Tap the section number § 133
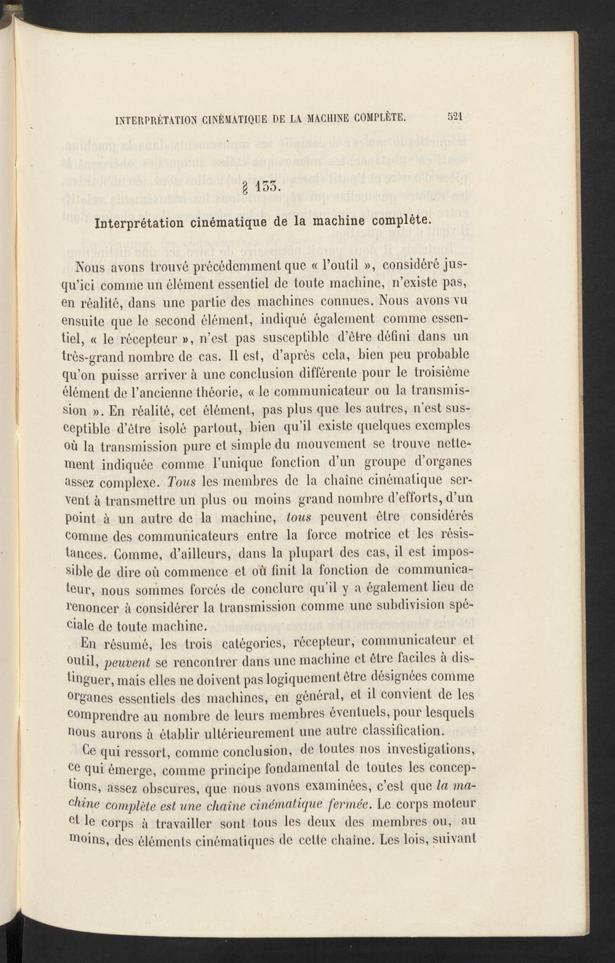(x=263, y=184)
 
